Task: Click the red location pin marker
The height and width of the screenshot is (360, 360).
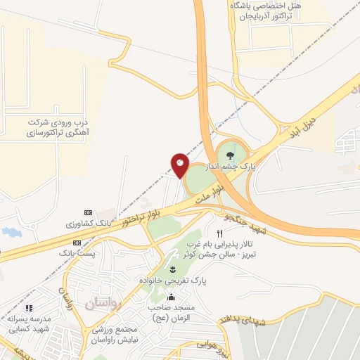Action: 179,164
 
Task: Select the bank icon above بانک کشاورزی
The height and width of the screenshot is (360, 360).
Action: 88,213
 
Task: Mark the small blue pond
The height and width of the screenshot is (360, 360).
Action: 10,231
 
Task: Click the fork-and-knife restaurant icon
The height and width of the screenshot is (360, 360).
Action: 219,233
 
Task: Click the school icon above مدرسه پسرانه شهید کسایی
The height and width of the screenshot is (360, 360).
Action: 29,308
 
